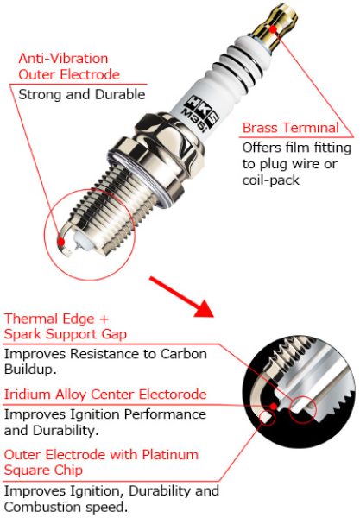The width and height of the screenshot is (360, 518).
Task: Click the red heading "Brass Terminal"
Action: click(290, 128)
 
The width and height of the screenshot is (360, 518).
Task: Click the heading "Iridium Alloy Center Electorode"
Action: click(105, 394)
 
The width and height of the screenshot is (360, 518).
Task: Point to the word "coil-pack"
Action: click(273, 180)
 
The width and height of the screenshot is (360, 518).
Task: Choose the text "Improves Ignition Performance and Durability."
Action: click(104, 422)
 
